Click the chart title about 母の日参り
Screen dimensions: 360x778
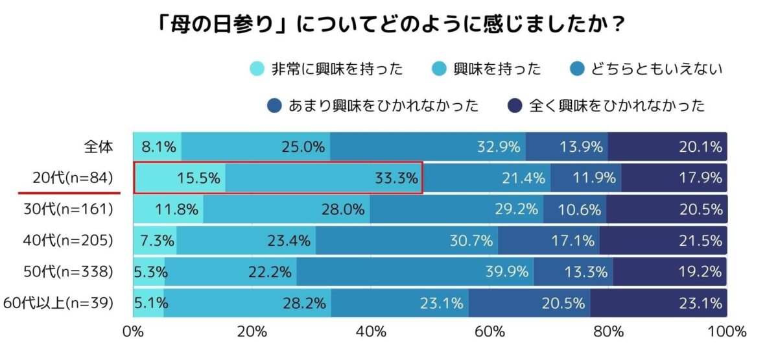click(389, 25)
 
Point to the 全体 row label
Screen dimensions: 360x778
click(99, 147)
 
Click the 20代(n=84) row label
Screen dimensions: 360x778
click(73, 178)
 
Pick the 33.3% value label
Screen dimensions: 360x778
click(395, 178)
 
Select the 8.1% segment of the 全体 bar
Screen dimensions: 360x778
click(158, 147)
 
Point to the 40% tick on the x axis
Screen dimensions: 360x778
click(371, 333)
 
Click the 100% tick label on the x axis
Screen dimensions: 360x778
click(726, 333)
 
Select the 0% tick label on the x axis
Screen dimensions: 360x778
click(133, 333)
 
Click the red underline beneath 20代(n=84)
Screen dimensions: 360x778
click(69, 193)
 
